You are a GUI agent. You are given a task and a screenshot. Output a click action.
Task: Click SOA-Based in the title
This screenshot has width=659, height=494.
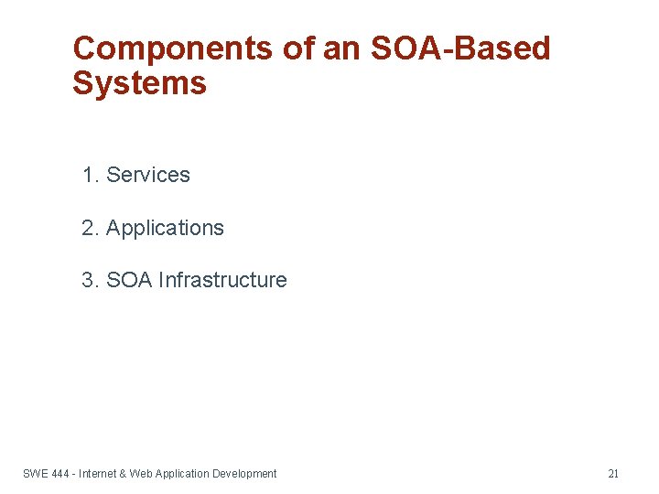coord(460,48)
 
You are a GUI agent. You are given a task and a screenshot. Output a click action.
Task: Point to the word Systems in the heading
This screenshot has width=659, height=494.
coord(139,84)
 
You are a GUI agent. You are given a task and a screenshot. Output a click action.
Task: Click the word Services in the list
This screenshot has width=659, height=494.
coord(148,175)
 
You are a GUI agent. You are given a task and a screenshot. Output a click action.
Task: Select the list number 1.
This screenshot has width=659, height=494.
coord(89,175)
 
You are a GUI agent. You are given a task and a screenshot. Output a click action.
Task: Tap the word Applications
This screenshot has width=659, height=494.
coord(165,228)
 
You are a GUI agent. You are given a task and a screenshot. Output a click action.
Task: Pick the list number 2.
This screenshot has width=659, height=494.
coord(89,228)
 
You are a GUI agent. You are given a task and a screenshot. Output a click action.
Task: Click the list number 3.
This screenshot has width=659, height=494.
coord(89,280)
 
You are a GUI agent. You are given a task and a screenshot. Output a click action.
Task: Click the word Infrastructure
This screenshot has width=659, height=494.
coord(222,280)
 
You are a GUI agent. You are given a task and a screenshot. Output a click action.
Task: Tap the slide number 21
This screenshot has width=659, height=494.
coord(613,474)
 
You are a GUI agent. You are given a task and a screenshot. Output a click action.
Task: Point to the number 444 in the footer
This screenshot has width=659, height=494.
coord(61,474)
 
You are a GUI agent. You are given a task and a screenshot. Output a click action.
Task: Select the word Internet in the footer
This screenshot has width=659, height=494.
coord(98,474)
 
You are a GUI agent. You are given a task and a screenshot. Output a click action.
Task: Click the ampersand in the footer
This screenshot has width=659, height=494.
coord(123,474)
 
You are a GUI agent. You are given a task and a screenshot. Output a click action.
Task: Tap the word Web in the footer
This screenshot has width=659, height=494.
coord(141,474)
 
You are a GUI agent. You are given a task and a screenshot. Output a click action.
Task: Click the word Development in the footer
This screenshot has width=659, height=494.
coord(244,474)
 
